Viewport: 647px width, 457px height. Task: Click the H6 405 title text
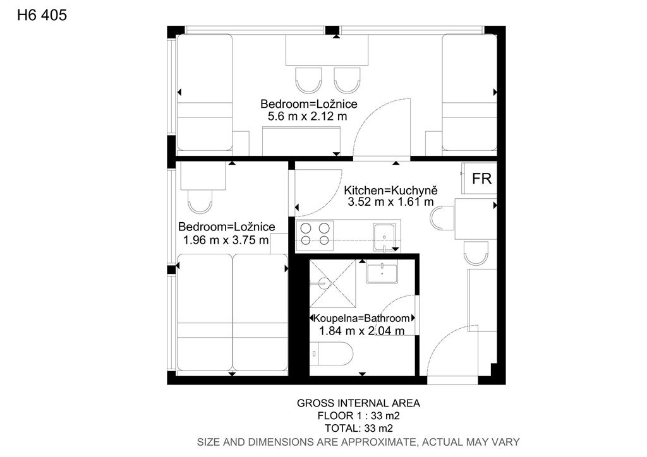(42, 15)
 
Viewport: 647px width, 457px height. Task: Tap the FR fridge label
(481, 179)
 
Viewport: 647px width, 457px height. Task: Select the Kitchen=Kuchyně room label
(390, 191)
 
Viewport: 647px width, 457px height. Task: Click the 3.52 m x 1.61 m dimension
(390, 202)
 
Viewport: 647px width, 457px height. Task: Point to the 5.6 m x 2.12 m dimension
(308, 116)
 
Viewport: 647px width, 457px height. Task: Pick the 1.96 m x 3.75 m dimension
(226, 240)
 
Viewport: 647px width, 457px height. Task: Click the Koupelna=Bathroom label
(362, 318)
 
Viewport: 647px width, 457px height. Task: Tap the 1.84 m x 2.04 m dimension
(361, 331)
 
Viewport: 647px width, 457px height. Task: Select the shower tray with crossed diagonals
(332, 283)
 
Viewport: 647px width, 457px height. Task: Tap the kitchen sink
(384, 237)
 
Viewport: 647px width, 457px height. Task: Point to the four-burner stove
(315, 234)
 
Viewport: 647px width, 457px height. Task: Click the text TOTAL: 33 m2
(359, 428)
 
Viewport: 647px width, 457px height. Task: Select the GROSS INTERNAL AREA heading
(359, 403)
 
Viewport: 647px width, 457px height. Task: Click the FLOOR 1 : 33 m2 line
(359, 415)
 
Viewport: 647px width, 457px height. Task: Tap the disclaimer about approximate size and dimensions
(358, 442)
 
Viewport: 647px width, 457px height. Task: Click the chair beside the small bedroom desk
(200, 201)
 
